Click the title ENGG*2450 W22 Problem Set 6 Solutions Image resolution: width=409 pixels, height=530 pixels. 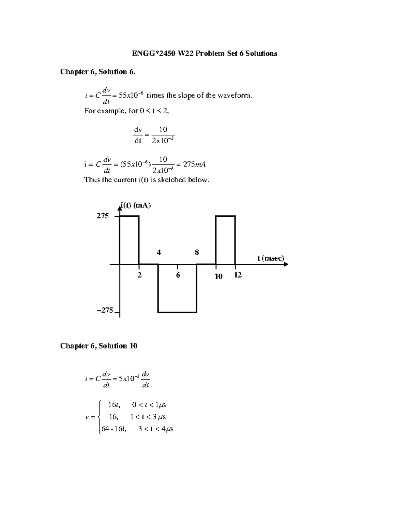tap(204, 53)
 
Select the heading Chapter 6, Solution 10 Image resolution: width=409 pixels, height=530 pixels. tap(99, 346)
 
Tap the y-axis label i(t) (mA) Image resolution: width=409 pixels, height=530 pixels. tap(135, 205)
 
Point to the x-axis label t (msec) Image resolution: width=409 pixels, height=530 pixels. tap(271, 258)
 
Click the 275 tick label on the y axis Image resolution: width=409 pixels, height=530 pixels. tap(103, 216)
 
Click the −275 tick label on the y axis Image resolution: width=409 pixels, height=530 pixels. tap(105, 310)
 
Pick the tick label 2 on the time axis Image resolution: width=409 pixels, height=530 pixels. tap(139, 275)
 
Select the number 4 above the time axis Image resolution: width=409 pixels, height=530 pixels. tap(158, 253)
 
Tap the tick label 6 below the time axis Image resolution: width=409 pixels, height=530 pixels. tap(178, 275)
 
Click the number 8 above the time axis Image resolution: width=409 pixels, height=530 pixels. tap(197, 253)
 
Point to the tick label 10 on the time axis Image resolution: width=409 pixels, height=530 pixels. tap(218, 276)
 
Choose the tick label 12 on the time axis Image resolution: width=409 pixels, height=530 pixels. tap(238, 275)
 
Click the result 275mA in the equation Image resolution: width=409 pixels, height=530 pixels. tap(194, 164)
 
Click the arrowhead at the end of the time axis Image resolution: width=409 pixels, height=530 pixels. tap(286, 264)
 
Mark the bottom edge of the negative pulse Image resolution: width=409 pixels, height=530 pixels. tap(177, 312)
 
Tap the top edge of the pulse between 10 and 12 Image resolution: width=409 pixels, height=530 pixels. tap(225, 216)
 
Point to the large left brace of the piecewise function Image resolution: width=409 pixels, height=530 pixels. tap(99, 417)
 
